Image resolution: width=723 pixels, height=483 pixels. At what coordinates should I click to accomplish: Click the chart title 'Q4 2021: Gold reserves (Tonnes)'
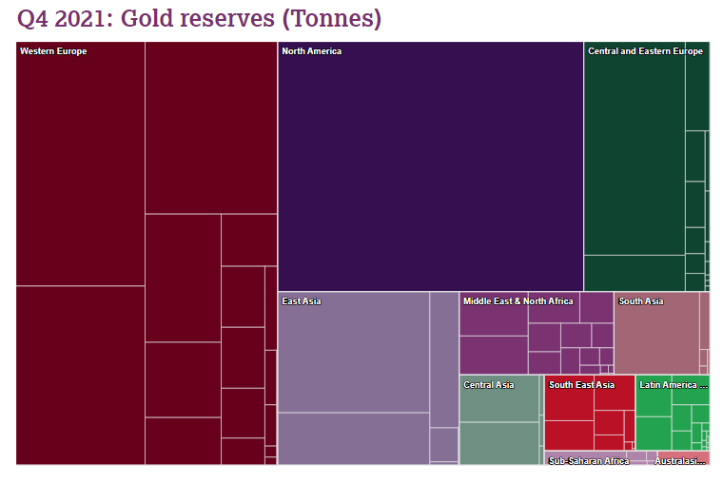(x=199, y=18)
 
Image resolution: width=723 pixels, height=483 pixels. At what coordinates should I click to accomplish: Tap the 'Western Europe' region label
(x=53, y=51)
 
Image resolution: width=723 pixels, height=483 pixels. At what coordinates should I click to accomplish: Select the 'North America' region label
(x=311, y=51)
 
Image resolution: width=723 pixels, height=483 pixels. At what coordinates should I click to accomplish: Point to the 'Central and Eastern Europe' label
(x=645, y=51)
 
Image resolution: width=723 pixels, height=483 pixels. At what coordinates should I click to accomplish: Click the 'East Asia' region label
(x=302, y=301)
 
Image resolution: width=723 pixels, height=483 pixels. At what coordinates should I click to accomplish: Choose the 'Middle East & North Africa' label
(x=518, y=301)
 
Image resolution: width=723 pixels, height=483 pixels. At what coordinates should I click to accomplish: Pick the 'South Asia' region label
(x=641, y=301)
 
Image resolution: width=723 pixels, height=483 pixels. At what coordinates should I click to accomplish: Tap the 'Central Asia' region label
(x=488, y=385)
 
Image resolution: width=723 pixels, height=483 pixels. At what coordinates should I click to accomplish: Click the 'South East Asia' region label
(x=581, y=385)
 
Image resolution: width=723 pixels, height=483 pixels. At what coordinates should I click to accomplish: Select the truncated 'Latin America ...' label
(x=674, y=385)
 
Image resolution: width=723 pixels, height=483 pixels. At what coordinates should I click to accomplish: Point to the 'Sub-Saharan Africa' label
(x=589, y=461)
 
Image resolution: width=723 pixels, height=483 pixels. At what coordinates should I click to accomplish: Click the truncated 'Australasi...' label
(x=680, y=461)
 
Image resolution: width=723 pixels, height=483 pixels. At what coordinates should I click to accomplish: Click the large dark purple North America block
(x=430, y=171)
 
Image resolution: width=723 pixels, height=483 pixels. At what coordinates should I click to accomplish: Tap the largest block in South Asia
(x=656, y=338)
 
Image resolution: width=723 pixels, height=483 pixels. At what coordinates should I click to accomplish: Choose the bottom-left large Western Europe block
(x=80, y=375)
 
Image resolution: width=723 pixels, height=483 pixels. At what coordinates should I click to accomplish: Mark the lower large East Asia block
(x=353, y=438)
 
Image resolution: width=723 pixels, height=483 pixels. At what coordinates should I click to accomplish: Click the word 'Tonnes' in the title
(x=343, y=18)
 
